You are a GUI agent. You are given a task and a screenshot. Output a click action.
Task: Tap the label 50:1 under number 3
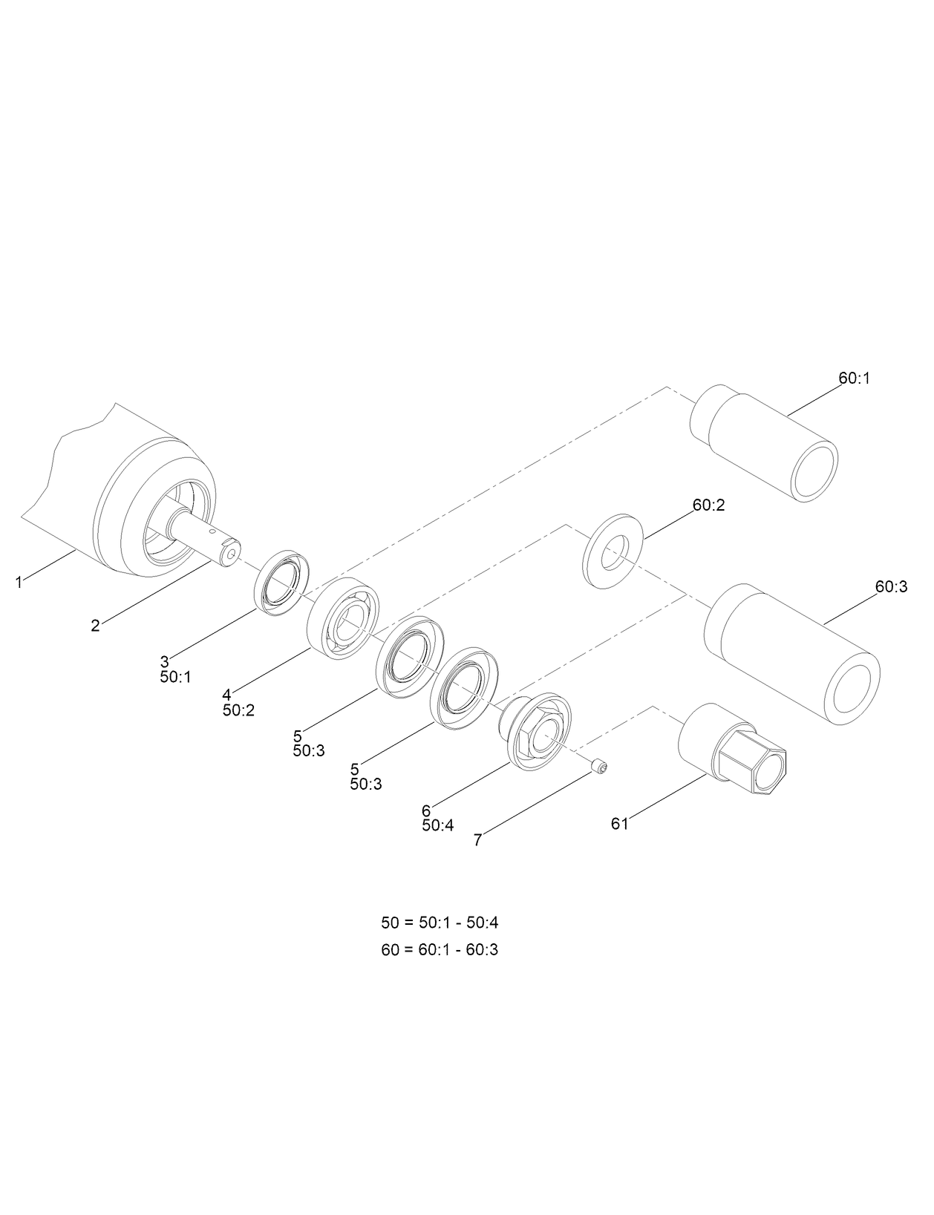pos(175,677)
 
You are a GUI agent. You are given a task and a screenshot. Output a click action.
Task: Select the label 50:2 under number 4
pos(238,710)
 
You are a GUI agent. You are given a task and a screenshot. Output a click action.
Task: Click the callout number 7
pos(478,840)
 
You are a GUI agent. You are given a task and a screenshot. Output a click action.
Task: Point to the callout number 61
pos(620,824)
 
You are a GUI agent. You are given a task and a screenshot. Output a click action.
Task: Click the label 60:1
pos(855,378)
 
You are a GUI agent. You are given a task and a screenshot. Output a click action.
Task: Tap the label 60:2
pos(708,505)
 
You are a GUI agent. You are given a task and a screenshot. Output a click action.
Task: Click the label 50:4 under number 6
pos(437,825)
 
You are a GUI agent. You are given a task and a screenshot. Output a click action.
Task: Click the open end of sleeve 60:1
pos(815,470)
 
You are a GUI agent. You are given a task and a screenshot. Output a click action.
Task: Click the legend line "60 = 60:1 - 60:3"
pos(440,949)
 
